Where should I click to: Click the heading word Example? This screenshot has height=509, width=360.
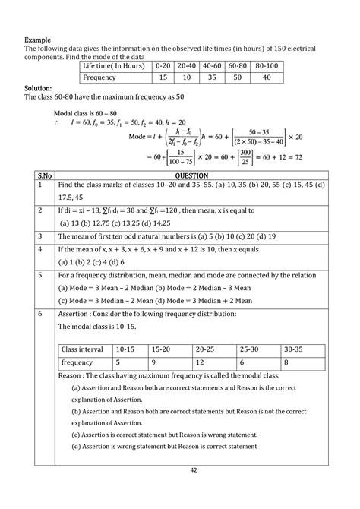pyautogui.click(x=38, y=39)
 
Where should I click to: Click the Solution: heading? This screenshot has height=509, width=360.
pyautogui.click(x=39, y=88)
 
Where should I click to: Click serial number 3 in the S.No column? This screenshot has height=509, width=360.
pyautogui.click(x=38, y=236)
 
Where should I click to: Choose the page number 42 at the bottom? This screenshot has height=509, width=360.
pyautogui.click(x=180, y=492)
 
